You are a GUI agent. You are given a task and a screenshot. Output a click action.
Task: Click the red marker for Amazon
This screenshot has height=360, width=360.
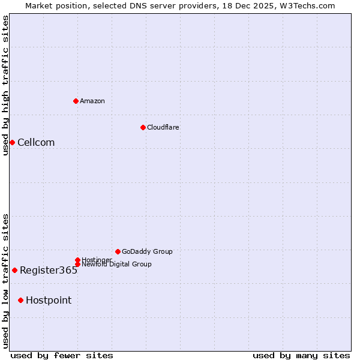[76, 101]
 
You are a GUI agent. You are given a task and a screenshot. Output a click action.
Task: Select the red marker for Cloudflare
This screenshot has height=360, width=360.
[143, 127]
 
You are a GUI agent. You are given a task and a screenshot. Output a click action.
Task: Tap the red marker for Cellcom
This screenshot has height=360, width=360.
[12, 142]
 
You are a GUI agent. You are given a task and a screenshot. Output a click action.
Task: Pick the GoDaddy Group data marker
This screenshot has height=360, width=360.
[118, 251]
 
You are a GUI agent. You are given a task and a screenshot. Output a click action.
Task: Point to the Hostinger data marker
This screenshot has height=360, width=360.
[77, 260]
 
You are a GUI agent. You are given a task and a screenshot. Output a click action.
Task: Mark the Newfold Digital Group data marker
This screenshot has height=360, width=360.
[77, 264]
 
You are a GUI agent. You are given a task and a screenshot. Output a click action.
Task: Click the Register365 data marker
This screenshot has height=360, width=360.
[14, 270]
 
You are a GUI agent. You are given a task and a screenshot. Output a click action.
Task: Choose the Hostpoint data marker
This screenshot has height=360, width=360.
[20, 300]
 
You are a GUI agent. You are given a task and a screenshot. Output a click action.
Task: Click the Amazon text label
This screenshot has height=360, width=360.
[92, 101]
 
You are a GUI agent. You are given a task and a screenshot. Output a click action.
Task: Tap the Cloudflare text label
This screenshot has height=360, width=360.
[163, 127]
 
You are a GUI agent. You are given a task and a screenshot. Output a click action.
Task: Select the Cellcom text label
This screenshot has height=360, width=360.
[36, 142]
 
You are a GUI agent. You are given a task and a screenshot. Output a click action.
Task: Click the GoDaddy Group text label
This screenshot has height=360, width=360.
[147, 251]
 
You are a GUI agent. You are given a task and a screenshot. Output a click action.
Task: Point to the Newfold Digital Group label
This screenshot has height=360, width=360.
[116, 264]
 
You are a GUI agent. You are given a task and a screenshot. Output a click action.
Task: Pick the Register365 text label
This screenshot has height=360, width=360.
[49, 270]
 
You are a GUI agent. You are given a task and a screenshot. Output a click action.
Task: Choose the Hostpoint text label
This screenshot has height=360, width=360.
[49, 300]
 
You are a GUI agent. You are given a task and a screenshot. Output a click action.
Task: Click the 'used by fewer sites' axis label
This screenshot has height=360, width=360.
[62, 355]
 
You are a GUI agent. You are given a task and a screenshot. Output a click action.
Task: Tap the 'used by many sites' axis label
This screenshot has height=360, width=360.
[301, 355]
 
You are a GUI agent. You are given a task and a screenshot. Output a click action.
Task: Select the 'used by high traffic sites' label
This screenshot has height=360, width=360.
[5, 85]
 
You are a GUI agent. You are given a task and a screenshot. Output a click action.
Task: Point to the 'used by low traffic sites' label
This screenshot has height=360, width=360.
[5, 281]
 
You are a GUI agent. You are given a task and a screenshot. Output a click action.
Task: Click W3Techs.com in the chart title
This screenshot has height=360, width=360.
[305, 5]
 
